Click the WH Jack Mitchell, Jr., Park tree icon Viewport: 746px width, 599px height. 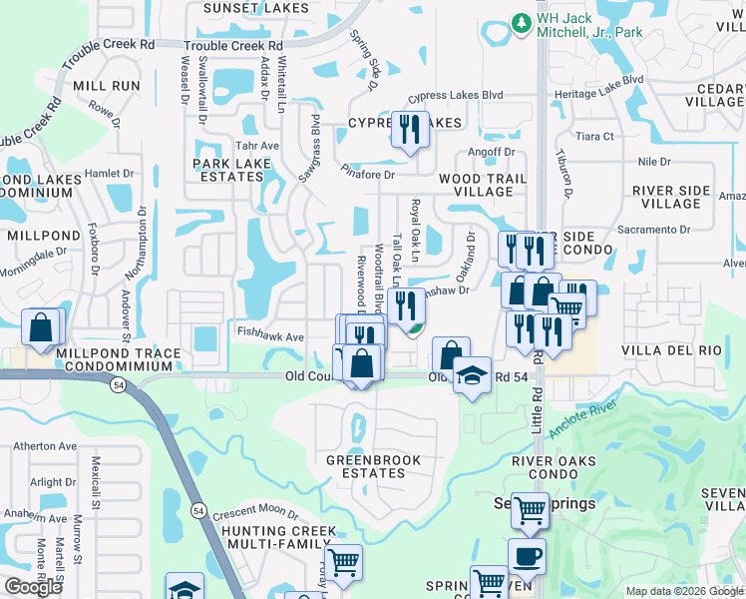[x=520, y=22]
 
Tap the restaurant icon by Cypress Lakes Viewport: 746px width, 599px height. [x=410, y=131]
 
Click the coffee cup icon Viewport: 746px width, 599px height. [x=527, y=556]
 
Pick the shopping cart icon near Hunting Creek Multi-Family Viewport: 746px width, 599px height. [x=343, y=561]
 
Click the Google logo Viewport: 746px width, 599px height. [x=33, y=587]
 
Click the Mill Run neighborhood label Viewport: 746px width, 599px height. [x=106, y=86]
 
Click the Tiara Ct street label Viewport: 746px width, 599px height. [x=594, y=136]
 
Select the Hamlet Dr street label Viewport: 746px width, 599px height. [x=109, y=173]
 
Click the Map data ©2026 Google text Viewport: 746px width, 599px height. [x=684, y=591]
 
